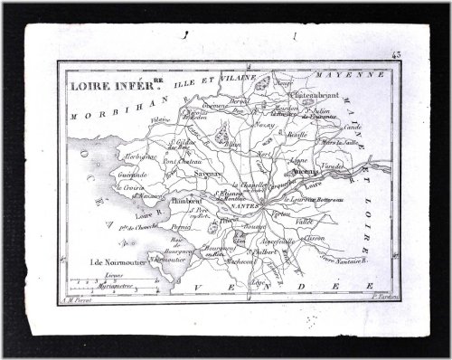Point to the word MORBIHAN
pos(99,118)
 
